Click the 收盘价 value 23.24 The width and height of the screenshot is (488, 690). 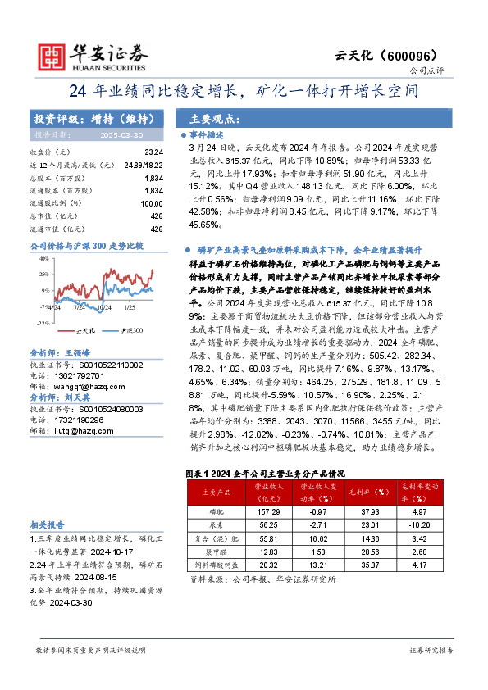[153, 152]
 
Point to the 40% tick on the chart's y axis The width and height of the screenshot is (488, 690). [43, 258]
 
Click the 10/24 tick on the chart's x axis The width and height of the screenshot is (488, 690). [105, 308]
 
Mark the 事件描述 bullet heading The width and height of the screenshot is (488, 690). [206, 133]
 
